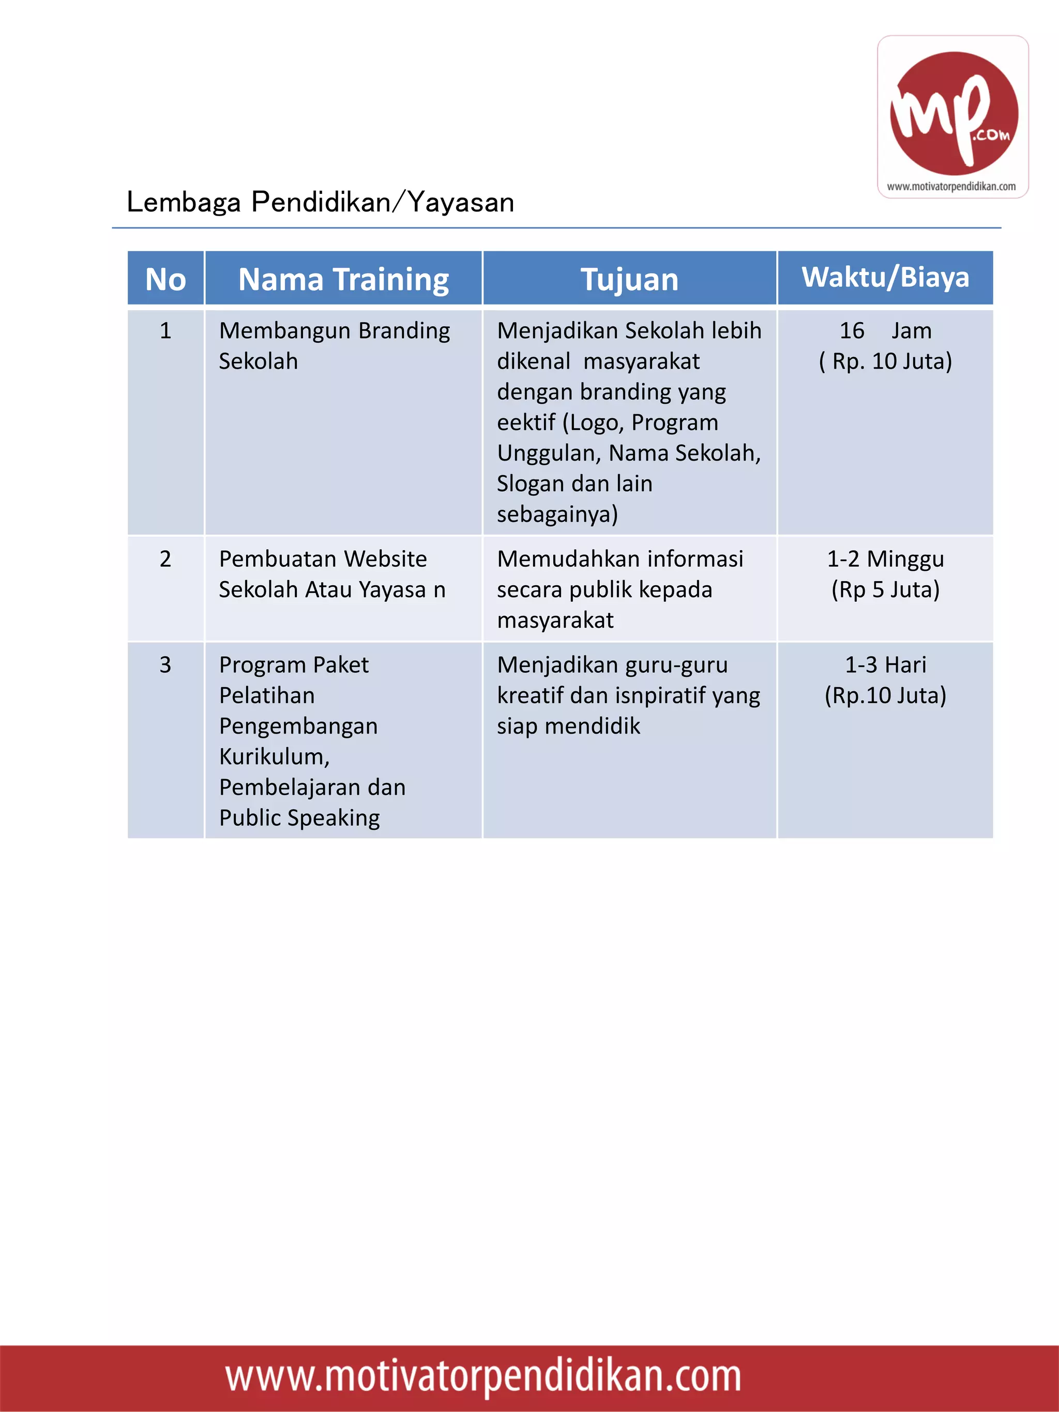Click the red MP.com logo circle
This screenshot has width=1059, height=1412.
954,113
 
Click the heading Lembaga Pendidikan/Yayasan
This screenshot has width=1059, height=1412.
321,202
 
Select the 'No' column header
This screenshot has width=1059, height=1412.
165,280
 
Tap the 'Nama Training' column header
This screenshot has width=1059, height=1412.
343,280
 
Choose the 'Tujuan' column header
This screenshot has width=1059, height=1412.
629,280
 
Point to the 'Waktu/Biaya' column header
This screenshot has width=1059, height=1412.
885,277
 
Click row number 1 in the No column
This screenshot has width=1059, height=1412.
165,331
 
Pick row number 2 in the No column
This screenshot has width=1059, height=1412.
165,559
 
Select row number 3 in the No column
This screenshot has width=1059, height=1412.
165,665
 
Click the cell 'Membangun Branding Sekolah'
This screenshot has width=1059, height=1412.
334,345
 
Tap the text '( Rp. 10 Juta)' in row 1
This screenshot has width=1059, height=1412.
885,361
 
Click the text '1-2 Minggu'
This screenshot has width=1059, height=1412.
885,559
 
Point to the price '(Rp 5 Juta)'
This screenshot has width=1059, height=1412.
885,589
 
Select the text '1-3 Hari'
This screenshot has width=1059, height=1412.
885,665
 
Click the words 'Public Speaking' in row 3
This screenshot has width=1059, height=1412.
299,818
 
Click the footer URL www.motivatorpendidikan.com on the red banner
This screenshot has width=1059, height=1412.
483,1376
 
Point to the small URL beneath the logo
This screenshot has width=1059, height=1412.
951,187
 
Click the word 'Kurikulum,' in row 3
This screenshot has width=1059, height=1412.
275,757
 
